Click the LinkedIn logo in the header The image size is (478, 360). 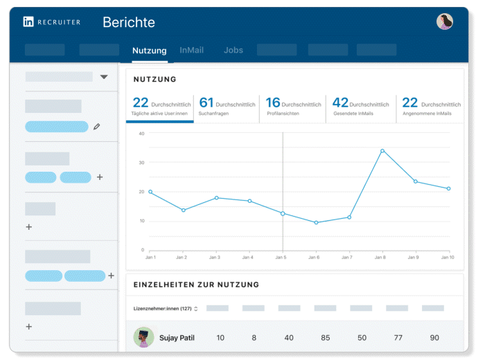[28, 22]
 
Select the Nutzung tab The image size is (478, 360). [150, 51]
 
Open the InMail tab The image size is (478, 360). [192, 51]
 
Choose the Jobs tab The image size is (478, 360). [233, 51]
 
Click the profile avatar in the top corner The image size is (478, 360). [445, 21]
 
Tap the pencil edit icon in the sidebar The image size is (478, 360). [97, 127]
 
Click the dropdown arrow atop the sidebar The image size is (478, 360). [104, 77]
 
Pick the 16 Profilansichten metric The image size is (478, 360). [293, 107]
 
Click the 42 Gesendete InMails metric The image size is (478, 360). [360, 107]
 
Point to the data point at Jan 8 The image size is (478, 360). [382, 150]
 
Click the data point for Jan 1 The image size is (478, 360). [150, 192]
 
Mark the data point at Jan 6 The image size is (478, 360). [316, 222]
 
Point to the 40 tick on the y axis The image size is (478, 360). [141, 133]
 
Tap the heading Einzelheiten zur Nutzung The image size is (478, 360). [196, 285]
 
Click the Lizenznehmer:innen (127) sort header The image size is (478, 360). [166, 309]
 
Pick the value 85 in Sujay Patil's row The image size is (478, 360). [325, 338]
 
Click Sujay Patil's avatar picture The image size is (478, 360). [143, 337]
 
